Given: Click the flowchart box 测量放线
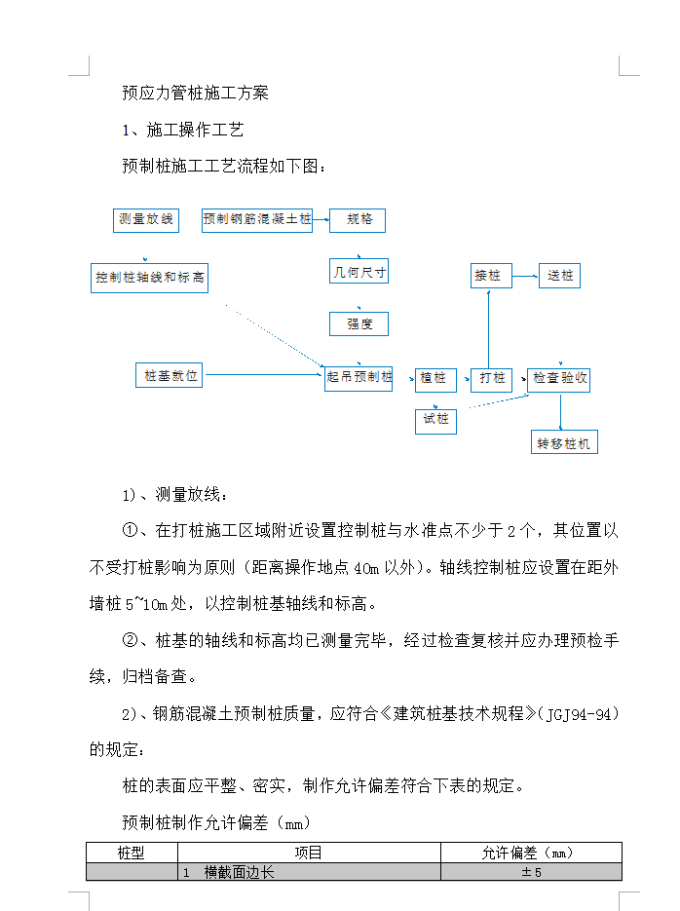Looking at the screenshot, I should coord(146,219).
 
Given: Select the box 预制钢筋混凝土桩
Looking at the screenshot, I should coord(257,219).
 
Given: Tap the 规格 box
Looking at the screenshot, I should coord(359,220).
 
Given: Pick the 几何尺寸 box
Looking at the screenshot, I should coord(359,272).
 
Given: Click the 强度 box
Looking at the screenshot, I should coord(359,323).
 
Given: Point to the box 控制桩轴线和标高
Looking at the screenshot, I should coord(149,278).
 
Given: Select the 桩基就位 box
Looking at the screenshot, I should coord(170,375).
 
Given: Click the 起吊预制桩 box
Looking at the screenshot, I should coord(359,378).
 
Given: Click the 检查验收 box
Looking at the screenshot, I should coord(560,378).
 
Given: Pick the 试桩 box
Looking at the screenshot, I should coord(435,420).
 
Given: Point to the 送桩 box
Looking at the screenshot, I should coord(560,276).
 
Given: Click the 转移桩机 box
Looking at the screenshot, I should coord(564,443).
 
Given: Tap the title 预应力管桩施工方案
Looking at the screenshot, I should coord(195,94).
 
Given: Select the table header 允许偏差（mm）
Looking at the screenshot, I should coord(531,853).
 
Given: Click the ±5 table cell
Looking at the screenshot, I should coord(531,872).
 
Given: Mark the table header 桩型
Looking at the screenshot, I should coord(131,853).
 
